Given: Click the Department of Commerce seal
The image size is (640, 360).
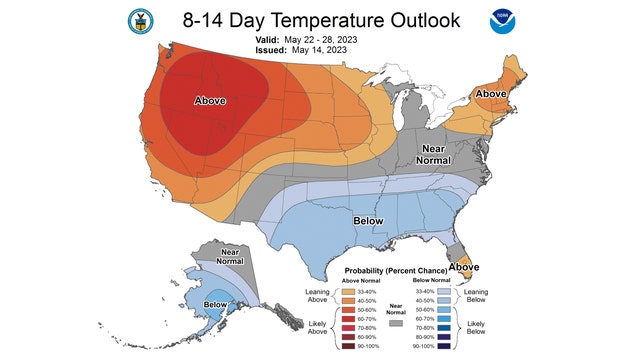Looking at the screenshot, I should click(137, 20).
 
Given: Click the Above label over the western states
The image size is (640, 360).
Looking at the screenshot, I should click(208, 101).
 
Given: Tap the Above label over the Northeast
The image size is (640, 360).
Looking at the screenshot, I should click(492, 93).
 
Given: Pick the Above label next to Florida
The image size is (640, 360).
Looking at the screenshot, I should click(463, 267).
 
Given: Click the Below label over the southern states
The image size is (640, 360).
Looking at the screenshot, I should click(368, 219).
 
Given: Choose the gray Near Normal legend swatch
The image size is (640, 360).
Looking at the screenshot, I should click(397, 326).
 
